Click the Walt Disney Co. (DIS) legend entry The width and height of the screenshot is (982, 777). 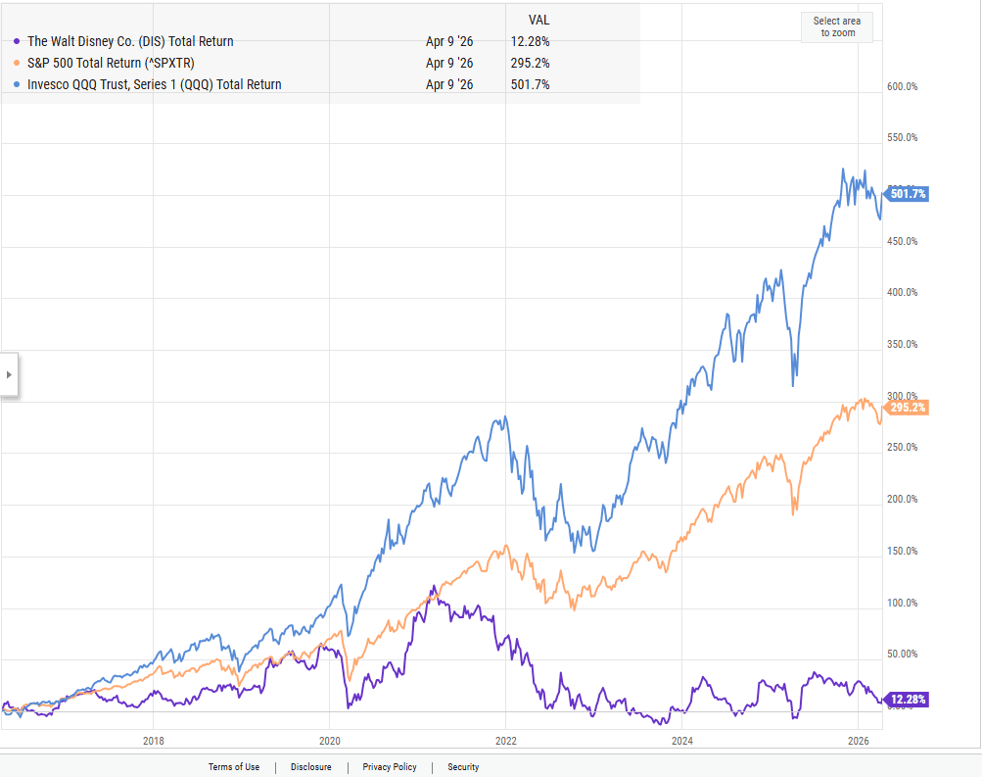coord(130,41)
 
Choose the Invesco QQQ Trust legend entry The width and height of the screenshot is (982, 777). coord(154,84)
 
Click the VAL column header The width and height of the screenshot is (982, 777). coord(538,19)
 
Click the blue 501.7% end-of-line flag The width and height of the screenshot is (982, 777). coord(908,193)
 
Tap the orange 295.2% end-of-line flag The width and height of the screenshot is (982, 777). coord(908,407)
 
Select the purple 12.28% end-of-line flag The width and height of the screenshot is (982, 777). coord(908,699)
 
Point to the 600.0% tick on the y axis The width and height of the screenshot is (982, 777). coord(902,86)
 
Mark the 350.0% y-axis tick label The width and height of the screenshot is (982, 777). coord(902,344)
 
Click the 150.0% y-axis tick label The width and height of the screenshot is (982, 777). coord(902,551)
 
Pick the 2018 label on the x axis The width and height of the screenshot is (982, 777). coord(153,740)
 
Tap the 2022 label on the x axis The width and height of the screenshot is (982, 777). coord(505,740)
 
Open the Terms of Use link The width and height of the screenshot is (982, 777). coord(234,767)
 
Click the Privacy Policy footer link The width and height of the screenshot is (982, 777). coord(390,767)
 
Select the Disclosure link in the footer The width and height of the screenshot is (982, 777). coord(310,767)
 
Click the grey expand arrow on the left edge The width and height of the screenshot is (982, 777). coord(9,374)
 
